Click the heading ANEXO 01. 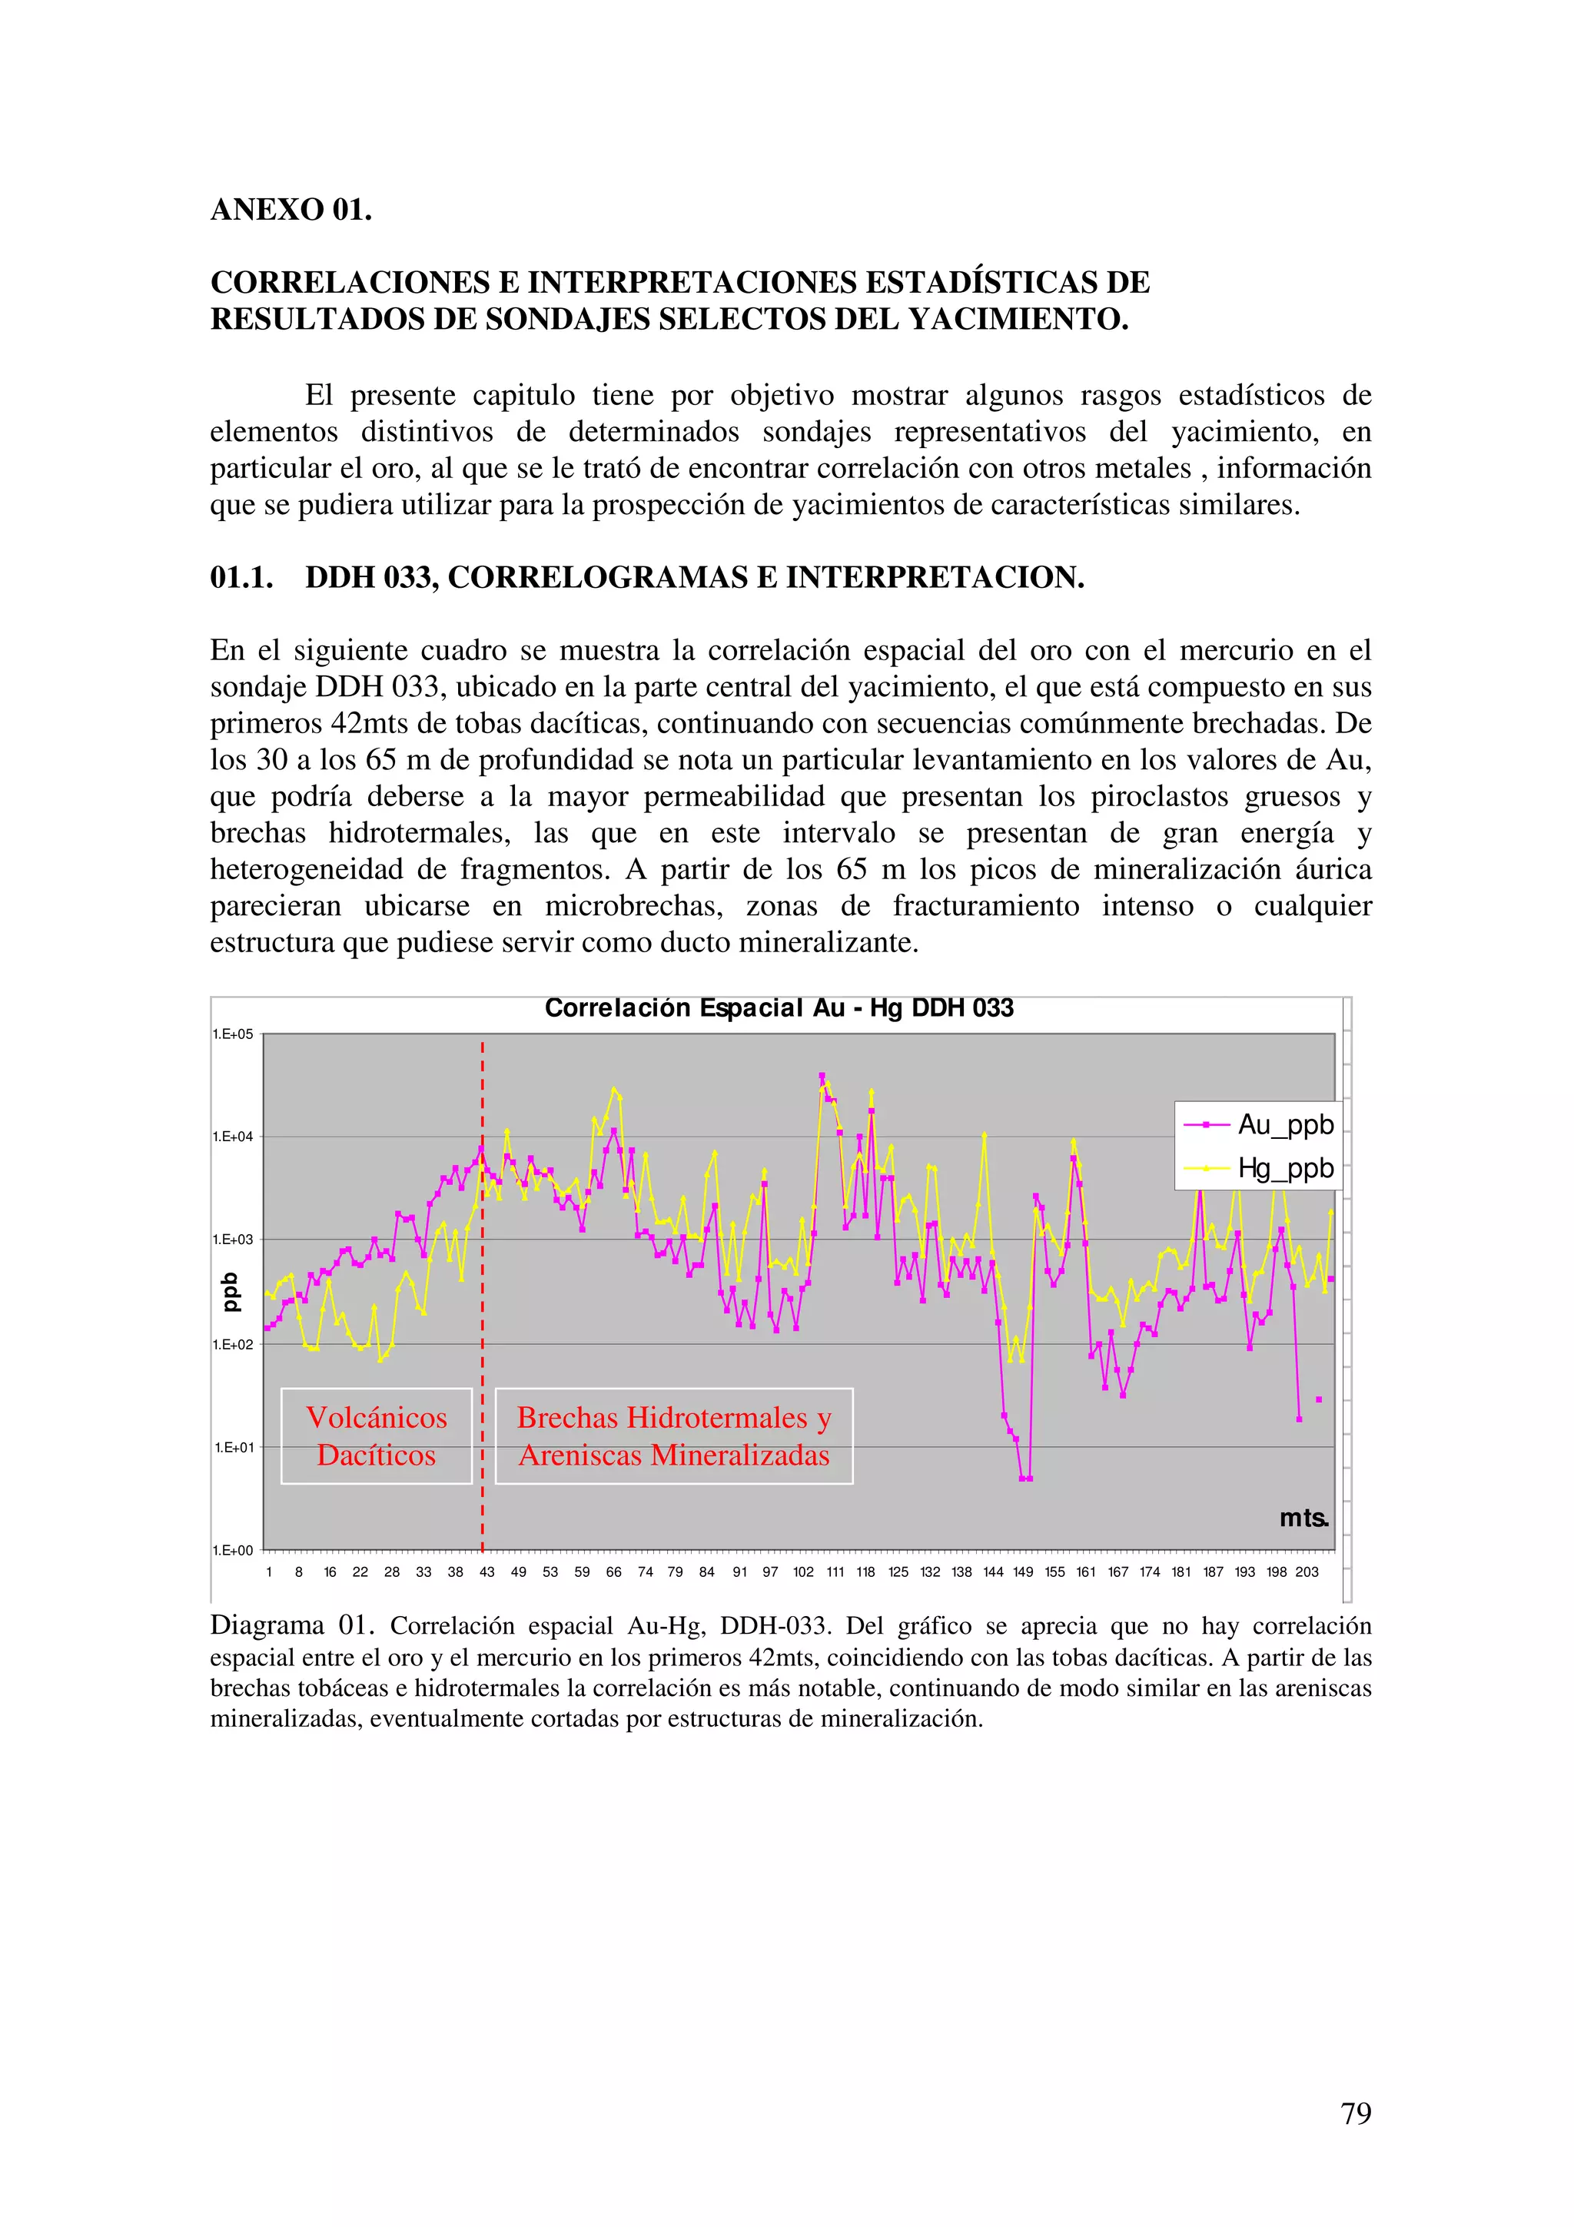pos(291,210)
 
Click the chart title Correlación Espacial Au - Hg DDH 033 pos(779,1009)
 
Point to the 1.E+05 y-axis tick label pos(233,1034)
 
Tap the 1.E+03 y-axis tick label pos(233,1240)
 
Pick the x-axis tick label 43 pos(486,1572)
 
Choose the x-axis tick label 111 pos(835,1572)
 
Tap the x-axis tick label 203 pos(1307,1572)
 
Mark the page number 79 pos(1356,2112)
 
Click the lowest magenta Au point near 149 pos(1025,1479)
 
